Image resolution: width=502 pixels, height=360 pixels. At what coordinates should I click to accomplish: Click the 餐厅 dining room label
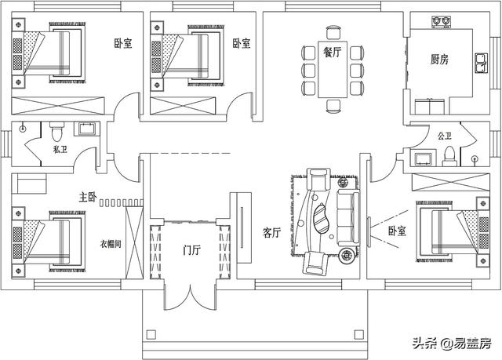coord(333,52)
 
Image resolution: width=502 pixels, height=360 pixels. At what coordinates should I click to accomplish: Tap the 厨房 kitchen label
coord(439,59)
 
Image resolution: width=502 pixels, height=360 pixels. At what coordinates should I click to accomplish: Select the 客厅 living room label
coord(272,233)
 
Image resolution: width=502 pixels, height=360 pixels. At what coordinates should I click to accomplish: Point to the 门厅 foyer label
coord(191,250)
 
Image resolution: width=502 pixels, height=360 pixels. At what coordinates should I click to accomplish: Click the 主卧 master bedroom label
coord(88,197)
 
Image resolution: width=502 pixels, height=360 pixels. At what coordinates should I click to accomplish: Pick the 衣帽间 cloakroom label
coord(111,244)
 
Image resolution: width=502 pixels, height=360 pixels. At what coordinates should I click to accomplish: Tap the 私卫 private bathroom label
coord(60,149)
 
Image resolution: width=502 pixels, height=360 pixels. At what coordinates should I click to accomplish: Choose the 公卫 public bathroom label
coord(445,136)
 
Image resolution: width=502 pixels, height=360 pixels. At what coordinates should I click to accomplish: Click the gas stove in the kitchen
coord(441,21)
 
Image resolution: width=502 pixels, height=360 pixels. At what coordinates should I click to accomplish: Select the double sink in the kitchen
coord(481,63)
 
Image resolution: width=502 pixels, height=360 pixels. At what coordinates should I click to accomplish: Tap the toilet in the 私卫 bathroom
coord(57,132)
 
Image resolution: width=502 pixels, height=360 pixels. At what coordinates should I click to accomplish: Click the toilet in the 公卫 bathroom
coord(449,157)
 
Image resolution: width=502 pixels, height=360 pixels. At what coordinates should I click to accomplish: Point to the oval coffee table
coord(321,219)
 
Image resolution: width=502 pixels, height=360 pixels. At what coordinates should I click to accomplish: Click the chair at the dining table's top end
coord(333,33)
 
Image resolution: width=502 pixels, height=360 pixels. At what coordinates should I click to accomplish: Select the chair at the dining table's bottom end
coord(333,106)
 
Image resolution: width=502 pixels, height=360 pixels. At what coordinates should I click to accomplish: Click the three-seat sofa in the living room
coord(348,217)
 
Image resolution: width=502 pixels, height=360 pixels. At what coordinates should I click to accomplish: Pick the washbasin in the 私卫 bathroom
coord(85,129)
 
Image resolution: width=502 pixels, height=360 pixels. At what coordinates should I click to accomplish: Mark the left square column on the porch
coord(151,335)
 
